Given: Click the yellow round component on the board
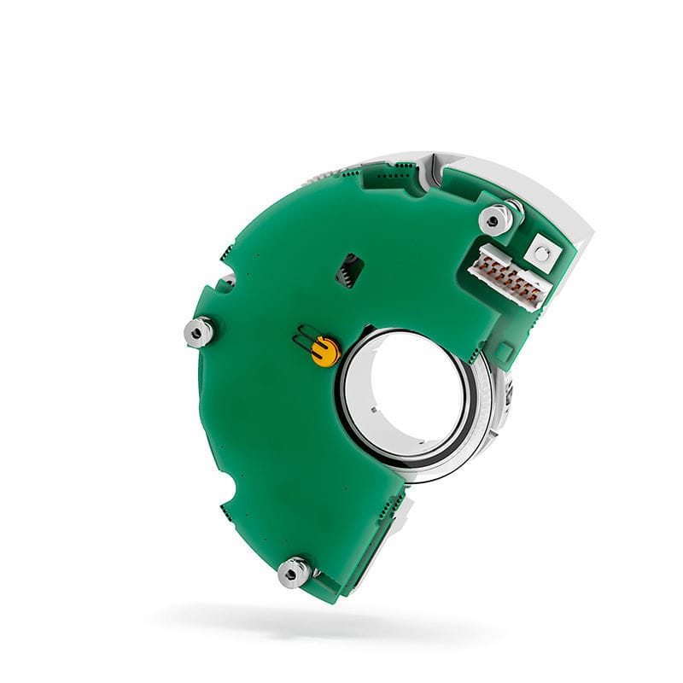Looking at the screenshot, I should pos(325,350).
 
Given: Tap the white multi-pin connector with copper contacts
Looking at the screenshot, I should pos(510,277).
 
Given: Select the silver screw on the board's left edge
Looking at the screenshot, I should pos(199,331).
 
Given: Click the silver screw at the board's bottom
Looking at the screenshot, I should pos(294,572).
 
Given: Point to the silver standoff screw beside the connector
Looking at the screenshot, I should pos(496,219).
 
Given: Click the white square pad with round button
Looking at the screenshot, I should pos(540,251).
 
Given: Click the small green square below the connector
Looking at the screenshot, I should pos(504,350).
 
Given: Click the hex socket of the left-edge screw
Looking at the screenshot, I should pos(200,330).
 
